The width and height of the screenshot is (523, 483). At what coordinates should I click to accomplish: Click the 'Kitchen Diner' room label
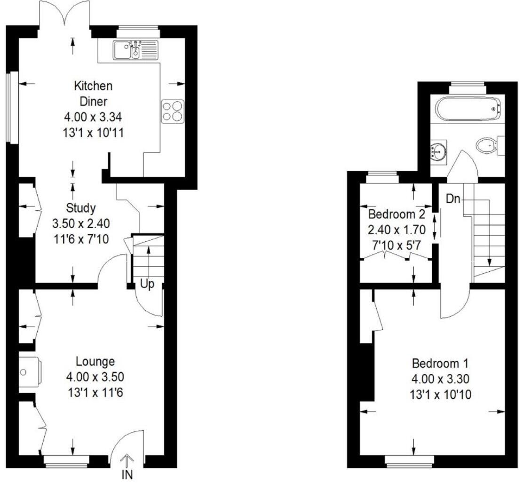[x=93, y=94]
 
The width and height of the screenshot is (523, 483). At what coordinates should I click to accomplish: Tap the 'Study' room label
[x=81, y=207]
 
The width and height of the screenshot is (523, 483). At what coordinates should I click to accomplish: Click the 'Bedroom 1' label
[x=440, y=363]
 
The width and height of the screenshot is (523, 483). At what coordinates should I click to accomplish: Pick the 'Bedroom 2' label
[x=396, y=215]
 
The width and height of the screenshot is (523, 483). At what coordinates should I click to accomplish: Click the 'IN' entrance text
[x=127, y=475]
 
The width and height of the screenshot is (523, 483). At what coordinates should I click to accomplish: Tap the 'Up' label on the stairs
[x=147, y=285]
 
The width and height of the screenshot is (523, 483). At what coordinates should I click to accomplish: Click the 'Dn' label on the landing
[x=452, y=199]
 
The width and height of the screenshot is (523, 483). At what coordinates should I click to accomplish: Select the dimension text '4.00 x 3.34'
[x=93, y=117]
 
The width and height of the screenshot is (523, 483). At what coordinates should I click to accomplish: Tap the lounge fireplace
[x=29, y=372]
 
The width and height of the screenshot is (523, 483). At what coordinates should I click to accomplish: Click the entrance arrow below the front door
[x=127, y=461]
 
